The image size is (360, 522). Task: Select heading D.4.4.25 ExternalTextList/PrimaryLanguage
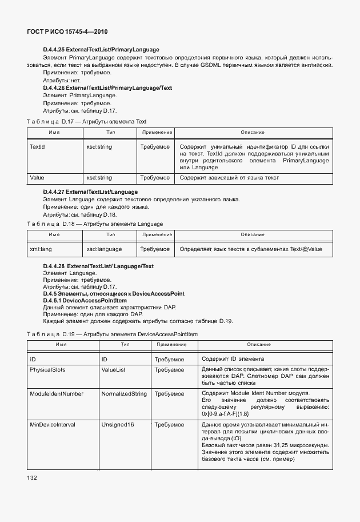(101, 50)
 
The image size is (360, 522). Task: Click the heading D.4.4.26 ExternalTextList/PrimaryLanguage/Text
(107, 88)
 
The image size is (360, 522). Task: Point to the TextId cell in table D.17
(38, 147)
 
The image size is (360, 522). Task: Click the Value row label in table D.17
(37, 178)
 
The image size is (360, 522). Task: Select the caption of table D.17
(87, 122)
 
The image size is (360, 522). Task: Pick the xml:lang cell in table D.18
(41, 249)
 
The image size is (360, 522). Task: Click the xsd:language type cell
(104, 249)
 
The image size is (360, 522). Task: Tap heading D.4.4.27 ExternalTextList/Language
(90, 191)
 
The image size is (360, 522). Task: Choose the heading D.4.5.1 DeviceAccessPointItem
(85, 300)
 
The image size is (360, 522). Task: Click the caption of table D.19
(112, 333)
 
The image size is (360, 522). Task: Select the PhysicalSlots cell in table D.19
(47, 370)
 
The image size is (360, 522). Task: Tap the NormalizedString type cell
(123, 394)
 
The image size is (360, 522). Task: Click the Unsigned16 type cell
(118, 425)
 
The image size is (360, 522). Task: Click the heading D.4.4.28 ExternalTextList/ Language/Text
(98, 266)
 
